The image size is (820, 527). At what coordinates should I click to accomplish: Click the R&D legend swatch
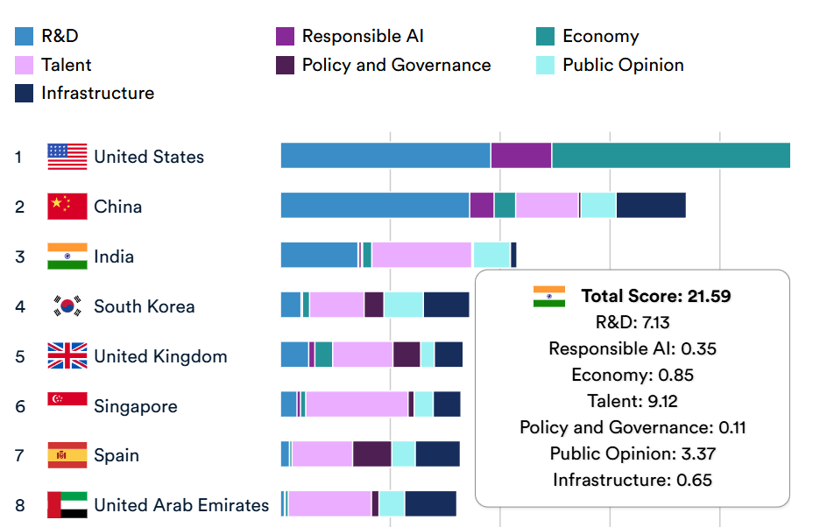[25, 37]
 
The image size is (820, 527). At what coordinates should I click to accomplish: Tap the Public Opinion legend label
[623, 66]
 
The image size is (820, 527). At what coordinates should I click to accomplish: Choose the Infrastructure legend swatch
[25, 94]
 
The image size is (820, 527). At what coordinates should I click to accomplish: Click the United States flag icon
[67, 157]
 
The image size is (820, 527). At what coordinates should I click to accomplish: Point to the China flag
[67, 207]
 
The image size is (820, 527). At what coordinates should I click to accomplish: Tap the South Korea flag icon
[67, 306]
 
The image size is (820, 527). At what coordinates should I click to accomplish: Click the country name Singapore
[136, 406]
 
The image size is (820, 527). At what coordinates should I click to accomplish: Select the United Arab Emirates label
[181, 505]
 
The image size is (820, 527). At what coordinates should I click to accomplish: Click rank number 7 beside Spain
[18, 456]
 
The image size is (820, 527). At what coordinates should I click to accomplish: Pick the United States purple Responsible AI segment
[520, 155]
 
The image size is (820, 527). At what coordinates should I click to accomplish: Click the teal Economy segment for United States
[670, 155]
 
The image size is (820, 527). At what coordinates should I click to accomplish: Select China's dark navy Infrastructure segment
[651, 205]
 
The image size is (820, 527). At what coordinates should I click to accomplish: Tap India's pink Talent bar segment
[421, 255]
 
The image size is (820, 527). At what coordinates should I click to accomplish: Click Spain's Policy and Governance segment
[371, 454]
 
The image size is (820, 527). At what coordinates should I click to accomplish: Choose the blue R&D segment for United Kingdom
[294, 355]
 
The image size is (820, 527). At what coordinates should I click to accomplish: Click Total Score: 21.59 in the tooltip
[655, 296]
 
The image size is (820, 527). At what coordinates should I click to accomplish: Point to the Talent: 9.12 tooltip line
[633, 401]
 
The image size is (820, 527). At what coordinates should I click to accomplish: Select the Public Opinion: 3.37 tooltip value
[633, 453]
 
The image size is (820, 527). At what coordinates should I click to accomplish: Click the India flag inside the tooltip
[549, 296]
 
